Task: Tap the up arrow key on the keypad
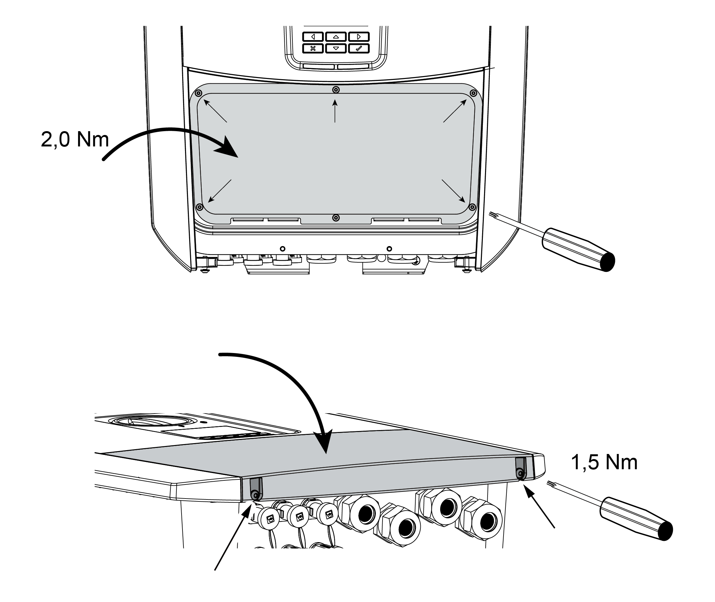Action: click(336, 37)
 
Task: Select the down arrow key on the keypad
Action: click(336, 48)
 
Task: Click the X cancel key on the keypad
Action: click(313, 48)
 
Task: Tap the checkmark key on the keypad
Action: click(359, 48)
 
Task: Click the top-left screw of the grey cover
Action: click(198, 94)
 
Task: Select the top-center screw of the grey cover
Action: click(336, 90)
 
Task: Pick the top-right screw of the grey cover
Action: click(473, 94)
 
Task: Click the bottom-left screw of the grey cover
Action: click(199, 207)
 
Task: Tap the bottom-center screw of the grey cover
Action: click(336, 218)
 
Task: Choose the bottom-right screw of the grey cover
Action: click(472, 207)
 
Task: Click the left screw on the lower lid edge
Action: click(254, 495)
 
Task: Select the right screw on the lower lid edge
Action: click(520, 473)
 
